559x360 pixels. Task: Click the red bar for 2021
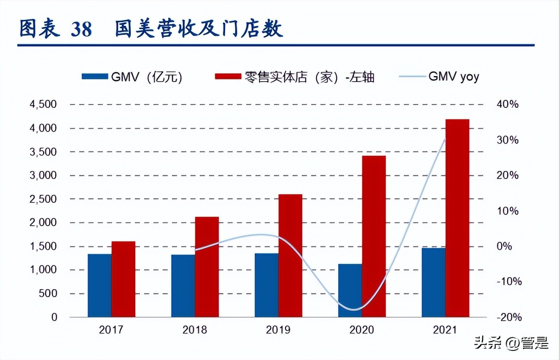coord(457,218)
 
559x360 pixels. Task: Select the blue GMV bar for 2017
coord(99,285)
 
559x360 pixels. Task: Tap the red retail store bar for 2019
coord(290,256)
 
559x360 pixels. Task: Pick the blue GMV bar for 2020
coord(350,290)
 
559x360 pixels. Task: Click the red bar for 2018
coord(207,267)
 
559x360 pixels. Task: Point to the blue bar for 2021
coord(433,282)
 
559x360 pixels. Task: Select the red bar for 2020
coord(374,236)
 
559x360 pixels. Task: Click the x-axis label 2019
coord(278,330)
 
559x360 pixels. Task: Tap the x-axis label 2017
coord(111,330)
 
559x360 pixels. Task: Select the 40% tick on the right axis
coord(507,104)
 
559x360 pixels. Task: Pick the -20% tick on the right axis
coord(509,317)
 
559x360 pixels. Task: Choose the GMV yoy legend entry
coord(453,76)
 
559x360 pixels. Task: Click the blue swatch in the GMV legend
coord(94,77)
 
